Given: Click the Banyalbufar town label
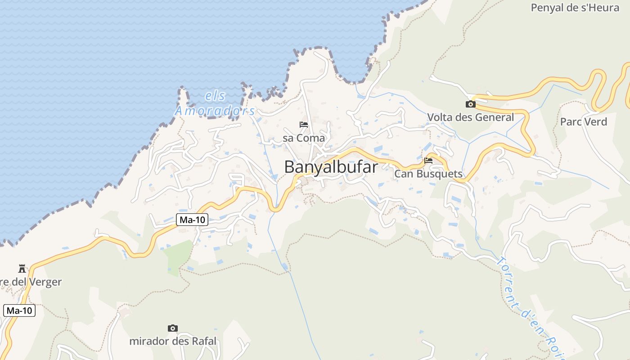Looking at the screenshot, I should pyautogui.click(x=331, y=167).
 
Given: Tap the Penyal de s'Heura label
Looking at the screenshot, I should pyautogui.click(x=575, y=8).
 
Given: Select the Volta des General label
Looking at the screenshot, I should pyautogui.click(x=470, y=117).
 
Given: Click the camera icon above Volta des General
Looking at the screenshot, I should pyautogui.click(x=470, y=104).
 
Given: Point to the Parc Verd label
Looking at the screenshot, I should pyautogui.click(x=583, y=122).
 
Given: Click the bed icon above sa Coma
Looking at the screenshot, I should pyautogui.click(x=304, y=125).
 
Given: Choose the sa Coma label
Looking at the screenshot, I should pyautogui.click(x=304, y=138).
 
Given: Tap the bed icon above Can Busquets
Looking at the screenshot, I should pyautogui.click(x=428, y=160).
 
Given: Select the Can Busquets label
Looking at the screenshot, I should pyautogui.click(x=428, y=174).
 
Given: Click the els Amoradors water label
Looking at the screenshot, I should pyautogui.click(x=215, y=103).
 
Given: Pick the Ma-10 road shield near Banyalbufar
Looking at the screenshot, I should pyautogui.click(x=192, y=220).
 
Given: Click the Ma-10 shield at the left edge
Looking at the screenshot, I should pyautogui.click(x=19, y=310).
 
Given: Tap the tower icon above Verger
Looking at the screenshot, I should pyautogui.click(x=22, y=269).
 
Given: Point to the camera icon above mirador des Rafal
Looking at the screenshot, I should pyautogui.click(x=172, y=328).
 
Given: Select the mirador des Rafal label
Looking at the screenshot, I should pyautogui.click(x=173, y=341).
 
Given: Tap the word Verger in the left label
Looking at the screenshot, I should pyautogui.click(x=45, y=282).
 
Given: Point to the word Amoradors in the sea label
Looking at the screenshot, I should pyautogui.click(x=215, y=111).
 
